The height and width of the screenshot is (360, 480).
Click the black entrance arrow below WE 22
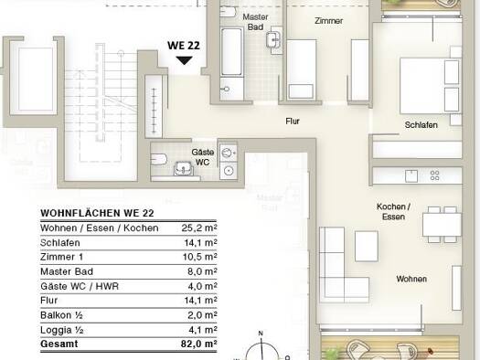[x=184, y=60]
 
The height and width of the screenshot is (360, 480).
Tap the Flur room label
[x=293, y=122]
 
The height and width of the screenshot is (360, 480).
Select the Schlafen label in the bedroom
[x=421, y=125]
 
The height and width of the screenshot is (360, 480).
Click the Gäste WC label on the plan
[x=203, y=157]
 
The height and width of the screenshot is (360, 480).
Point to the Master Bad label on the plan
[x=255, y=22]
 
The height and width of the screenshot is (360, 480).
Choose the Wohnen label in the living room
[x=411, y=279]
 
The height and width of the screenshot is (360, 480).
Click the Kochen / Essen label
[x=393, y=211]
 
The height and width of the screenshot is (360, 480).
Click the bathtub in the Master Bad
[x=231, y=51]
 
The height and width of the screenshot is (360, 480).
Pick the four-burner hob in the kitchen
[x=434, y=175]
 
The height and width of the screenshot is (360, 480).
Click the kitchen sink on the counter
[x=411, y=175]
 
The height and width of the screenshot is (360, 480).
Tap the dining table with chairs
[x=442, y=225]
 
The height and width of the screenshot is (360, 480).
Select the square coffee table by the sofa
[x=367, y=246]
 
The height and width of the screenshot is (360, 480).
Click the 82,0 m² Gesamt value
[x=199, y=344]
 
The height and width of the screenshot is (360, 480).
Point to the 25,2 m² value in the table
[x=199, y=228]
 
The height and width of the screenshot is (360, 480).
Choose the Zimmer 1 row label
[x=61, y=257]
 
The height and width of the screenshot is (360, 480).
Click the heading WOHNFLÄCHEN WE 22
[x=97, y=213]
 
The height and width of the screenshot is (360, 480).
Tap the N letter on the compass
[x=261, y=334]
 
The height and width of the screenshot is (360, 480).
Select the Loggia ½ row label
[x=62, y=330]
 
